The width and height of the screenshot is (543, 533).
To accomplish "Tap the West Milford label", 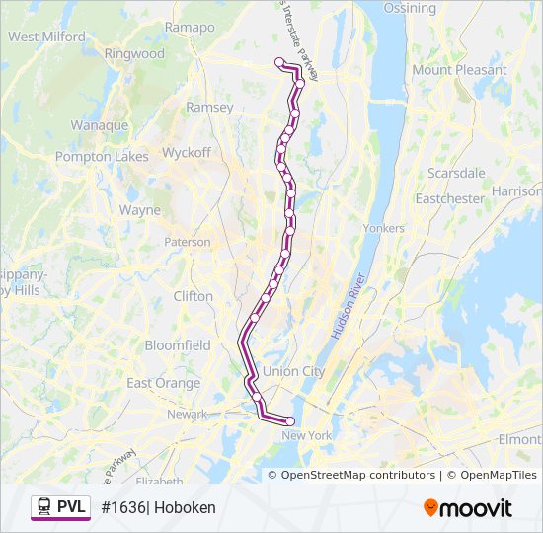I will click(x=46, y=37).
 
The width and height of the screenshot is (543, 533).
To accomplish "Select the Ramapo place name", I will click(x=190, y=28).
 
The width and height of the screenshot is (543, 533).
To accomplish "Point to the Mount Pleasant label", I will click(x=459, y=70).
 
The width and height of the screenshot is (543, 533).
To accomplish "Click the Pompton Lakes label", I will click(x=102, y=156).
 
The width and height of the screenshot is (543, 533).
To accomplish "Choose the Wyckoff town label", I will click(x=187, y=153).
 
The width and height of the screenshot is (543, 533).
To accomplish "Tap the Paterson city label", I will click(x=187, y=242).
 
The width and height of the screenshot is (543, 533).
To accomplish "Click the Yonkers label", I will click(x=384, y=228).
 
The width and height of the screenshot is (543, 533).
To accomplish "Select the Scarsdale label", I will click(x=456, y=173).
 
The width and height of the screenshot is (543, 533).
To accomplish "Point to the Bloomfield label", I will click(x=178, y=345).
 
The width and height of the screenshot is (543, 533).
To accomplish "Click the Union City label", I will click(x=293, y=371).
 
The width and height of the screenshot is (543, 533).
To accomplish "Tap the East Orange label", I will click(x=164, y=383).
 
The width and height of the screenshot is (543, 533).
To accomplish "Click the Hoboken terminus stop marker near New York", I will click(x=290, y=421).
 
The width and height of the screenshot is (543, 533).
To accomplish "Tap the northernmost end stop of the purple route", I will click(x=279, y=62).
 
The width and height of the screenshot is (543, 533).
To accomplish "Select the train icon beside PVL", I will click(x=44, y=507).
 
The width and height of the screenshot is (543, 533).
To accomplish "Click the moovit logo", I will click(x=468, y=508).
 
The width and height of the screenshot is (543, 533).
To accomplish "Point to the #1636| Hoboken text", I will click(x=158, y=507).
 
